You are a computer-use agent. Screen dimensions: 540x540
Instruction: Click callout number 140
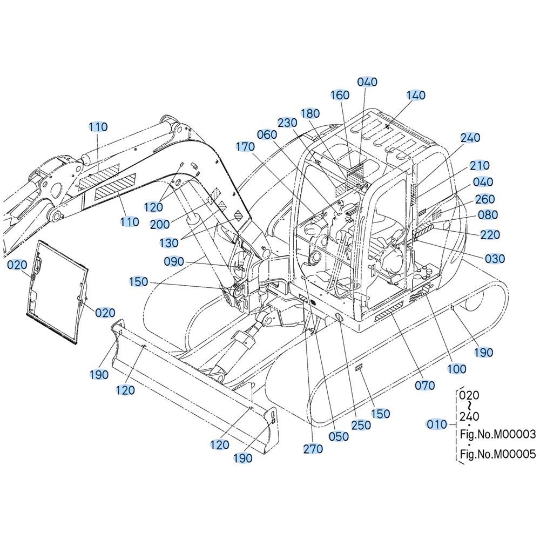click(x=416, y=95)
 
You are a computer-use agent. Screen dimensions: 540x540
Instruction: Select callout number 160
click(x=340, y=95)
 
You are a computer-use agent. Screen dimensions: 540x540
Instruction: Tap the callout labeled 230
click(x=288, y=123)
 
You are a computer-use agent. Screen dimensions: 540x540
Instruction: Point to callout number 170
click(x=245, y=147)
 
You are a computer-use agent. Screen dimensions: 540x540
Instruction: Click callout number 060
click(x=267, y=134)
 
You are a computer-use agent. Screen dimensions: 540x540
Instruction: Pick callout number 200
click(x=160, y=225)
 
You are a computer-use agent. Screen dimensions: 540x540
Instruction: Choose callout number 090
click(x=174, y=262)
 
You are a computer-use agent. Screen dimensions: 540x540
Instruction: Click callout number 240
click(x=470, y=138)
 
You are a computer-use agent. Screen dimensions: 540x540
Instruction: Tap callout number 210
click(x=480, y=166)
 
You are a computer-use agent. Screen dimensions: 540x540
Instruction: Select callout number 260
click(x=485, y=199)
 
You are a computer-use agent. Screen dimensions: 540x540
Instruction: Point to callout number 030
click(x=495, y=259)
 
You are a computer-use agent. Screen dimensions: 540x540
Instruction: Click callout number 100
click(x=457, y=369)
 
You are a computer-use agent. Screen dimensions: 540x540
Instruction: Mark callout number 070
click(x=424, y=386)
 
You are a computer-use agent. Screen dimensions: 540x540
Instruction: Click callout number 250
click(x=361, y=426)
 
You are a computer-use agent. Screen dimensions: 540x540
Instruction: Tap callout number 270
click(x=313, y=449)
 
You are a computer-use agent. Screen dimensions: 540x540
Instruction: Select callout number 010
click(x=437, y=424)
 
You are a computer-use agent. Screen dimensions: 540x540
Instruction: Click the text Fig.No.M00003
click(x=498, y=434)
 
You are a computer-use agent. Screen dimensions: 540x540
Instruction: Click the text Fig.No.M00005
click(x=498, y=454)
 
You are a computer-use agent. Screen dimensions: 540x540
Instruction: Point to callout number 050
click(x=339, y=437)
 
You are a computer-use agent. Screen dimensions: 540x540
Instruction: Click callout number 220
click(x=490, y=235)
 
